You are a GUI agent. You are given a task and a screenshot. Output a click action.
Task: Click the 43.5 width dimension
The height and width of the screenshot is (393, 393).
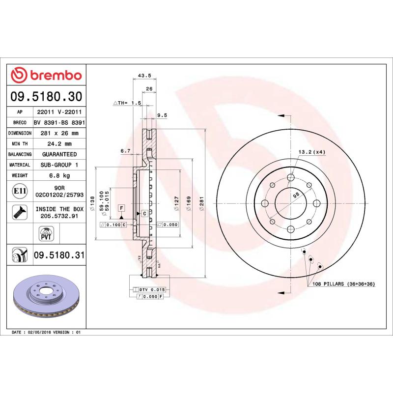point(144,76)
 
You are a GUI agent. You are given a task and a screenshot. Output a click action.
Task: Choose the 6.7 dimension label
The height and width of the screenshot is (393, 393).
point(125,151)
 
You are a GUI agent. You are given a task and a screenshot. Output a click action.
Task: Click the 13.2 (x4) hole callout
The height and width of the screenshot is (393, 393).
point(312,152)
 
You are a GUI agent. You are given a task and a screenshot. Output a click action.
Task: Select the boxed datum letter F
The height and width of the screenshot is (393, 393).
point(120,208)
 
